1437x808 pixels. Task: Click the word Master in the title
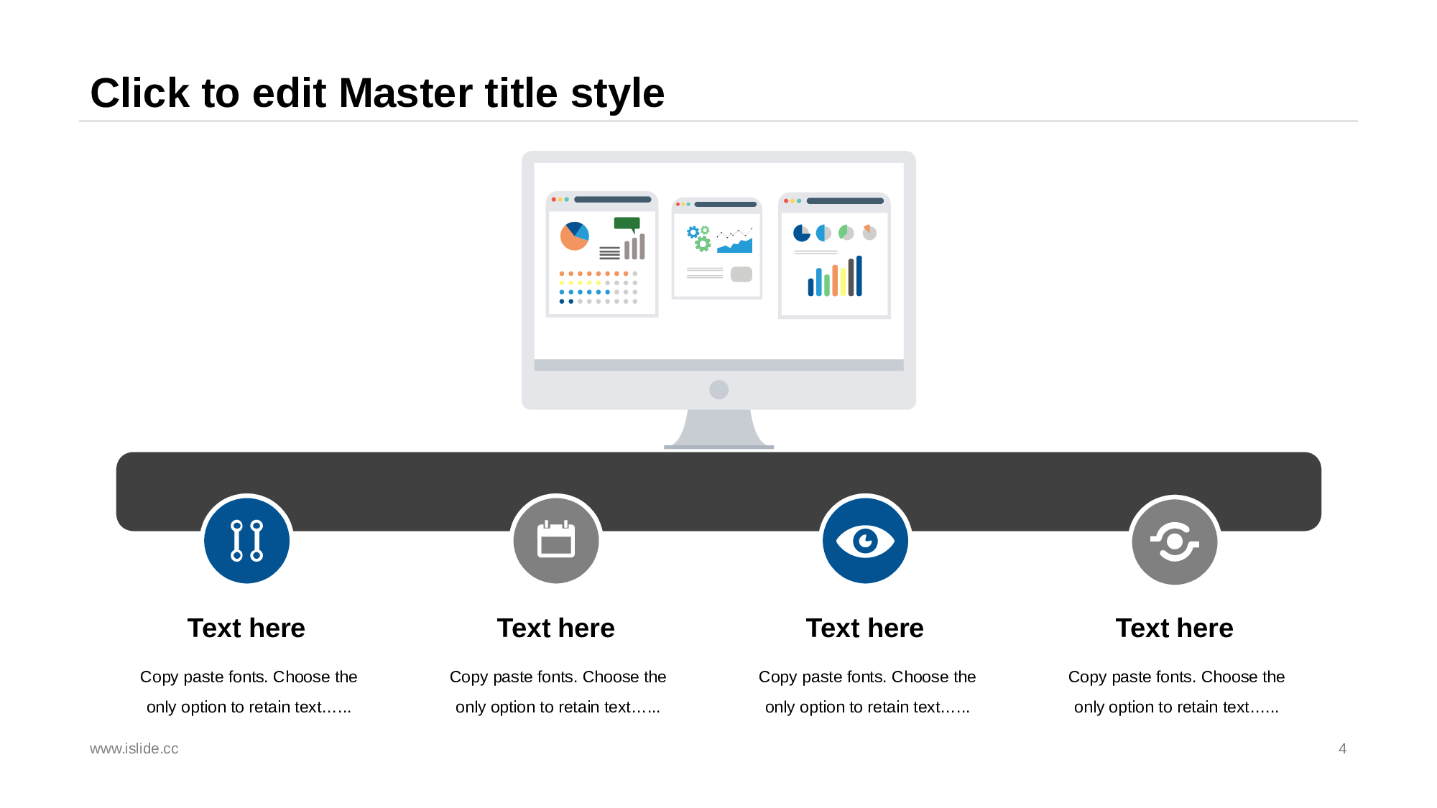(x=448, y=93)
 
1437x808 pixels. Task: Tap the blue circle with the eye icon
(x=865, y=540)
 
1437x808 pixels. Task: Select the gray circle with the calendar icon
(x=556, y=540)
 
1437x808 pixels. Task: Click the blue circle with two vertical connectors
(x=246, y=540)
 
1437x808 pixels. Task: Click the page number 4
(x=1342, y=748)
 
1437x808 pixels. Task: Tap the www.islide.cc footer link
(x=134, y=748)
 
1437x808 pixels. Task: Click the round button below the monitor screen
(x=718, y=389)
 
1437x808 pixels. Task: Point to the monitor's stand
(x=718, y=429)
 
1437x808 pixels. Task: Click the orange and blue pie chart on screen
(x=574, y=236)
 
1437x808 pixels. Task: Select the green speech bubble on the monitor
(x=627, y=224)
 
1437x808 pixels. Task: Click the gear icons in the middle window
(x=699, y=238)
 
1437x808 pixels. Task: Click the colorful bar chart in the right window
(x=835, y=277)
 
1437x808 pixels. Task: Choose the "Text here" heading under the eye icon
(x=865, y=628)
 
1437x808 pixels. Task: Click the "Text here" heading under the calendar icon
(x=556, y=628)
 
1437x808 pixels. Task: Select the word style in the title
(x=617, y=93)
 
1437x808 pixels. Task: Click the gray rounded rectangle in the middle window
(x=741, y=274)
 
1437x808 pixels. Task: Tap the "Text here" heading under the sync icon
(x=1175, y=628)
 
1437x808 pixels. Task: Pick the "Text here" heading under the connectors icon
(x=246, y=628)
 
